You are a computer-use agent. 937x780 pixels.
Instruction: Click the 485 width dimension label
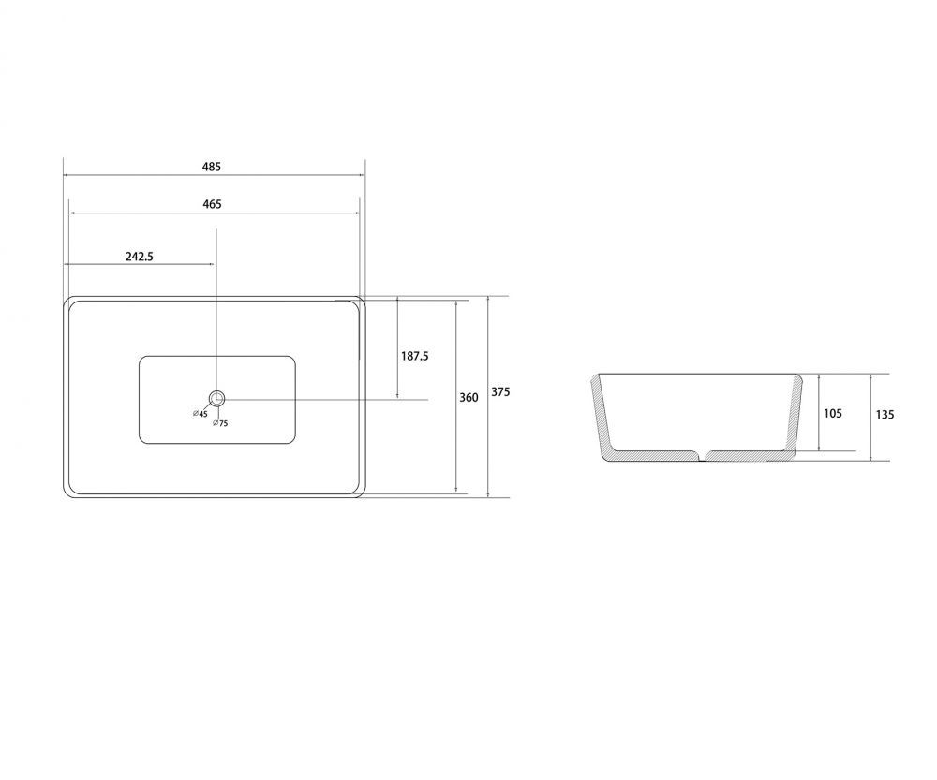212,167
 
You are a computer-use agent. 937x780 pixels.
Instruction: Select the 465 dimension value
212,204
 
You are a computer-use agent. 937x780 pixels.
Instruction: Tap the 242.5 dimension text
140,257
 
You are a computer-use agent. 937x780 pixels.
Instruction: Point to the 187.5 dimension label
415,356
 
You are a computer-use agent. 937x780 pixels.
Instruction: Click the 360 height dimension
469,397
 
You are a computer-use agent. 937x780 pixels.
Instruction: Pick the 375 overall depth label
500,391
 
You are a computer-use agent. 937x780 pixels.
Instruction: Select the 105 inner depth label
832,413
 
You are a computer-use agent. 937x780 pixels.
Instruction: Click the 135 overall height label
885,414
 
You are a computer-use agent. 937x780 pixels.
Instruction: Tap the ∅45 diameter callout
201,413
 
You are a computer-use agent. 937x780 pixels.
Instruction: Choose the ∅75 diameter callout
220,423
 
